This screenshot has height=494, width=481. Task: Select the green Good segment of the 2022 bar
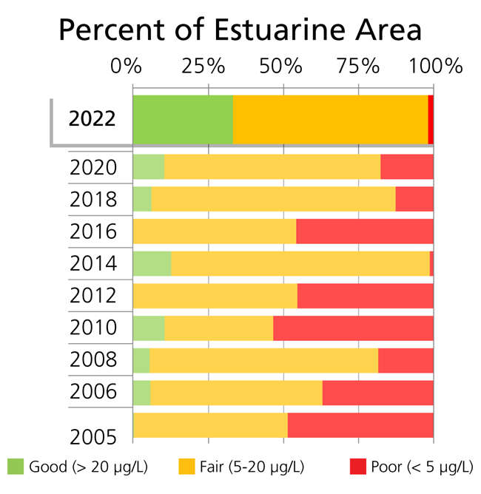pos(183,120)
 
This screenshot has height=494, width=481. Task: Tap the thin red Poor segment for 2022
pos(431,120)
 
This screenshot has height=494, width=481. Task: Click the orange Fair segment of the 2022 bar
pos(330,120)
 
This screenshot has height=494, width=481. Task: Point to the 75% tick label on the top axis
pos(358,66)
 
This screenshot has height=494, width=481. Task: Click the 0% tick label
pos(125,66)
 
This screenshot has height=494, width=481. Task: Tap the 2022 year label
pos(92,119)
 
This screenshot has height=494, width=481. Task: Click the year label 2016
pos(92,231)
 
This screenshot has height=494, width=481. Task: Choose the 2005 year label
pos(92,437)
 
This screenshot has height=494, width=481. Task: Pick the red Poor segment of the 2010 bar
pos(353,328)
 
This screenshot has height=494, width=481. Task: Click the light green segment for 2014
pos(152,264)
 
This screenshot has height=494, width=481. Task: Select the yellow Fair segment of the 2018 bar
pos(273,200)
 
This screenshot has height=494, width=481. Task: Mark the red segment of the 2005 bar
pos(360,425)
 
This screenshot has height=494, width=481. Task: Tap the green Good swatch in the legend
pos(16,467)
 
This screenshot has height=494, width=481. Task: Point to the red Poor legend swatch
pos(358,467)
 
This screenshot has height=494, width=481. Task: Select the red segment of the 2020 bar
pos(406,167)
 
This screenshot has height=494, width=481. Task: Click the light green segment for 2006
pos(141,392)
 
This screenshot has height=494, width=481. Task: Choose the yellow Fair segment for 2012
pos(215,296)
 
